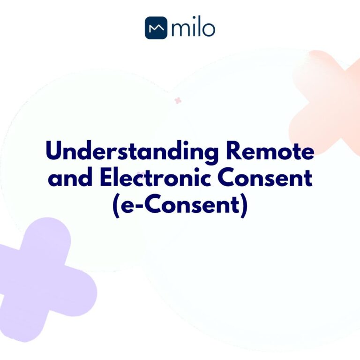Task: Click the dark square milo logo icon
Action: click(x=156, y=28)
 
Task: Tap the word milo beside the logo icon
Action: click(x=193, y=28)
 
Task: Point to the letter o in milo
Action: click(x=208, y=30)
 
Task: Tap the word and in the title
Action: click(x=67, y=179)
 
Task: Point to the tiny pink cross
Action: click(x=178, y=100)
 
